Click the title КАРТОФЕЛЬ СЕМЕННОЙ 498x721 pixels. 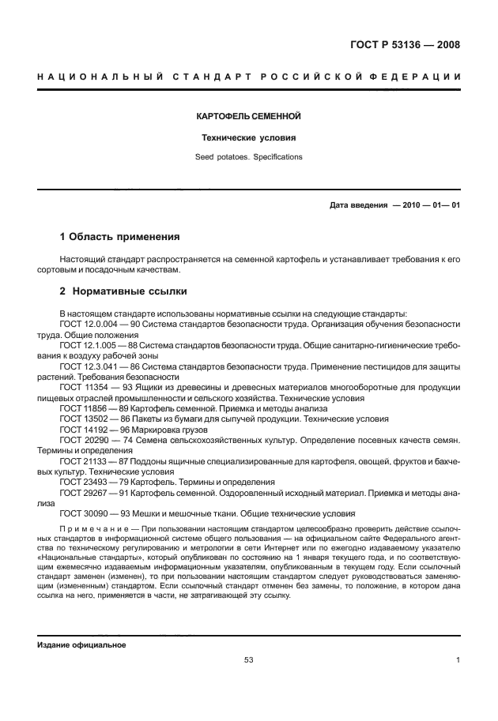point(249,116)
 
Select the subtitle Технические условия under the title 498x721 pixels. point(249,137)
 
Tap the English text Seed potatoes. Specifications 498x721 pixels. point(249,157)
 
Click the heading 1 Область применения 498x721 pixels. point(120,237)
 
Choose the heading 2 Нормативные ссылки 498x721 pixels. point(119,291)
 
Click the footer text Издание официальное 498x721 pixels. point(82,644)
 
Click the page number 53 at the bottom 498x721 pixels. point(249,659)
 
